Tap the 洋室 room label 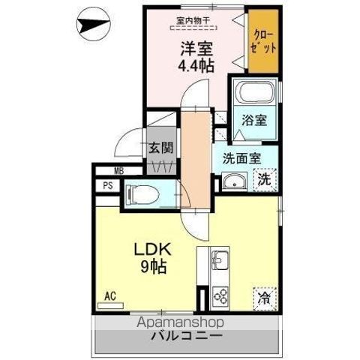coord(196,49)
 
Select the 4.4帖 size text coord(196,66)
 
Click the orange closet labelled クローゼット coord(263,42)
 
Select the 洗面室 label coord(241,158)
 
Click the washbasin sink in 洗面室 coord(233,181)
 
